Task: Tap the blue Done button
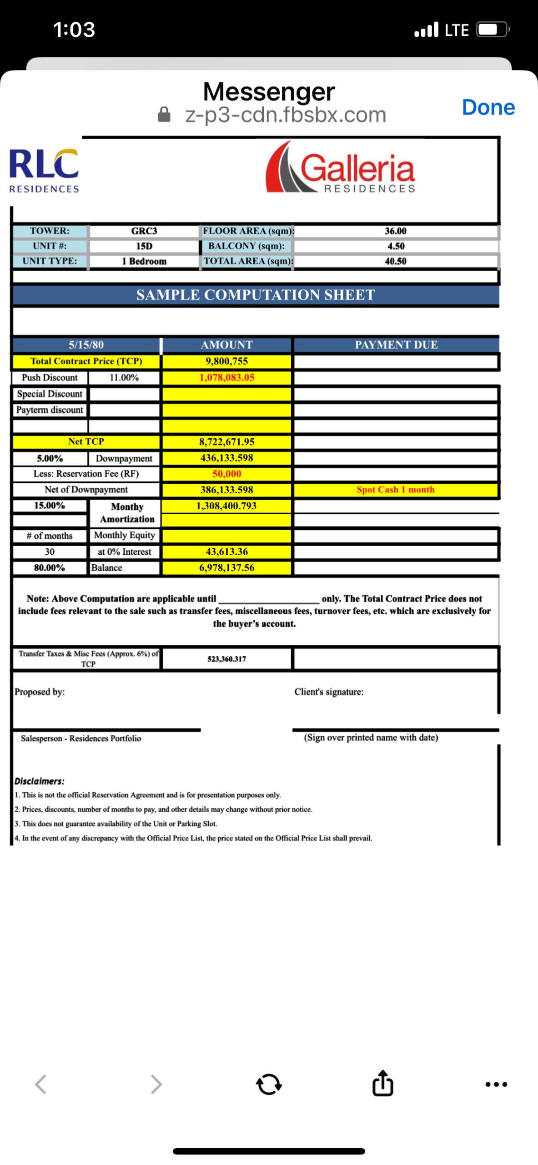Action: coord(488,107)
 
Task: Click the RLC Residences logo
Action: coord(44,171)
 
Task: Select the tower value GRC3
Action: coord(144,231)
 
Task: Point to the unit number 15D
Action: coord(144,246)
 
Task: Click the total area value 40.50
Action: coord(395,261)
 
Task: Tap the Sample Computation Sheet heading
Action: coord(256,295)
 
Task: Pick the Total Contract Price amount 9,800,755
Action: coord(226,361)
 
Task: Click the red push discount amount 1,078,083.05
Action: coord(226,377)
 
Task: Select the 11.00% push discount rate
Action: coord(124,377)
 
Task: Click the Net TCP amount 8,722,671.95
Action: coord(226,441)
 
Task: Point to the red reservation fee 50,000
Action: coord(226,474)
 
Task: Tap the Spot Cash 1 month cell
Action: coord(395,490)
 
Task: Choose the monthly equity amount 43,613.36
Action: coord(226,552)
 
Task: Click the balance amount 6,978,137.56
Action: coord(226,567)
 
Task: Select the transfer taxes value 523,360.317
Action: coord(226,658)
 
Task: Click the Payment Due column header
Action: coord(396,344)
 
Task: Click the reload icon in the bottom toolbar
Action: coord(269,1084)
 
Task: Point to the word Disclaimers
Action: coord(39,781)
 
